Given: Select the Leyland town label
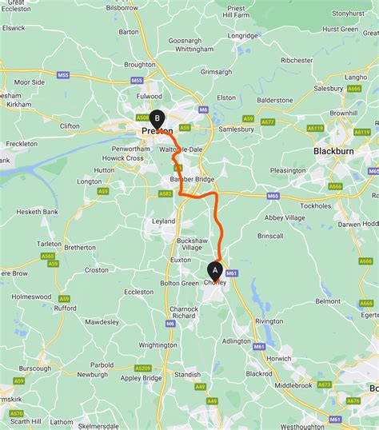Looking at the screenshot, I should tap(163, 220).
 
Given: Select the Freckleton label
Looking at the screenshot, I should tap(21, 143).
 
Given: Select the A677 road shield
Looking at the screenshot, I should tap(268, 121).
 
